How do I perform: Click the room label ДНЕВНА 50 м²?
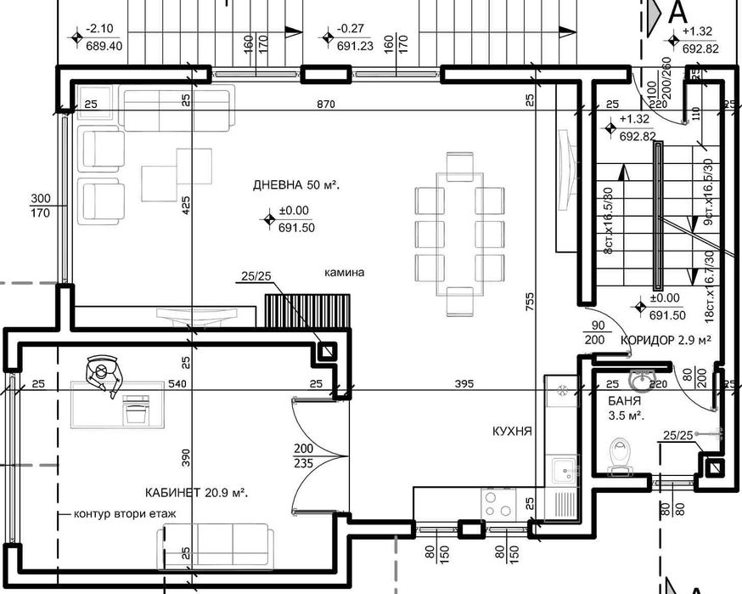pyautogui.click(x=296, y=184)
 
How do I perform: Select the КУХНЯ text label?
pyautogui.click(x=512, y=431)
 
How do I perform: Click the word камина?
pyautogui.click(x=344, y=274)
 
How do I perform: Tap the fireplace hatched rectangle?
pyautogui.click(x=307, y=311)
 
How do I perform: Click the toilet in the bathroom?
pyautogui.click(x=622, y=454)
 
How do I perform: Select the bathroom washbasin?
pyautogui.click(x=640, y=379)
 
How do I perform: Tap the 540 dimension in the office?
pyautogui.click(x=177, y=384)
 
